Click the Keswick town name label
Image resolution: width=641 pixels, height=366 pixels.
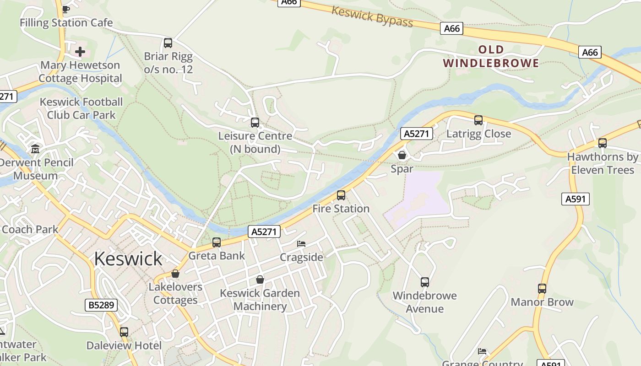(128, 259)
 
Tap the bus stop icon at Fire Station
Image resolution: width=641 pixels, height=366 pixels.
(341, 195)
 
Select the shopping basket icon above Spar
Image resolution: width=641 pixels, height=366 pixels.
(402, 155)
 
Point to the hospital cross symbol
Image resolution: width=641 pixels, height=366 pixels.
(80, 52)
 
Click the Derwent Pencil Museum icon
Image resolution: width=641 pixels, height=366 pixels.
(35, 149)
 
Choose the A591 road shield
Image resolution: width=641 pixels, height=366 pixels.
(575, 199)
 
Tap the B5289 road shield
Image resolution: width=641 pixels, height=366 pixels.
(101, 305)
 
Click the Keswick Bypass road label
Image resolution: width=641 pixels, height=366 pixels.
(372, 16)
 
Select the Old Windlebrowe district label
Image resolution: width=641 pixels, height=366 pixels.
(491, 56)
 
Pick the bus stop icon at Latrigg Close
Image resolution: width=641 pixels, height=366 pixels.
(478, 120)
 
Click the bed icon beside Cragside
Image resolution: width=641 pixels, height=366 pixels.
(301, 244)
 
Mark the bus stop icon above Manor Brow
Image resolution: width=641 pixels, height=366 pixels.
(542, 289)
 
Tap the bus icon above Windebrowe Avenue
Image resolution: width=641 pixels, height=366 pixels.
(425, 282)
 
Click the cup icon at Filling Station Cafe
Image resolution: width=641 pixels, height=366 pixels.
(66, 9)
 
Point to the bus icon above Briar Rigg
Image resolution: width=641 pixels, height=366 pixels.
(168, 43)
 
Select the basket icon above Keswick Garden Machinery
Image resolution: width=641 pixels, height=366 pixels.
(260, 280)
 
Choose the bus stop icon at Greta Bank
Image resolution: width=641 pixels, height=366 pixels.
(217, 242)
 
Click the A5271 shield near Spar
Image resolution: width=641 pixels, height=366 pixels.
(417, 134)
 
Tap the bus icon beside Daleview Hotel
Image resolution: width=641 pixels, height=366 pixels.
(124, 332)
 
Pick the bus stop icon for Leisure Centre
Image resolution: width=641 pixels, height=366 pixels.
(255, 123)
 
